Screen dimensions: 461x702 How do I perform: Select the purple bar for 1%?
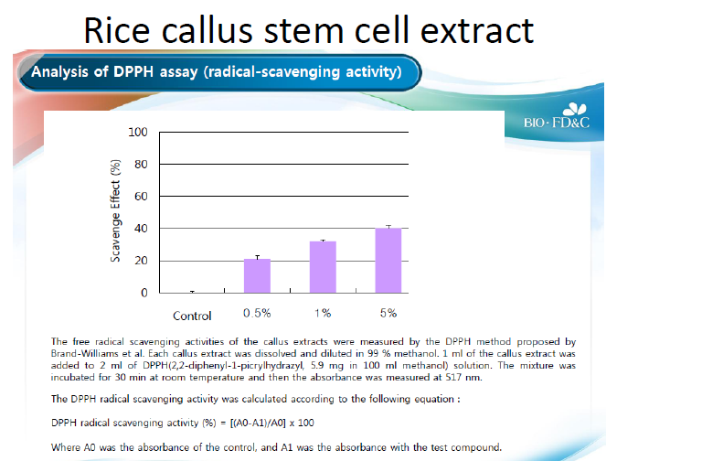(323, 267)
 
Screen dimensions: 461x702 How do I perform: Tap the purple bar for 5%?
(388, 261)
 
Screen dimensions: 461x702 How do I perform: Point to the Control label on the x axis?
(193, 316)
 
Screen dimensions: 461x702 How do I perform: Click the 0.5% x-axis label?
(257, 314)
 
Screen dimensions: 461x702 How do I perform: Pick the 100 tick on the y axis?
(137, 133)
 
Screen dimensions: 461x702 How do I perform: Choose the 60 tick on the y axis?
(140, 197)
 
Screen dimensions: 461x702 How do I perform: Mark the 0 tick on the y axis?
(144, 293)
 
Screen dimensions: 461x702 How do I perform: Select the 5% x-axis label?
(388, 314)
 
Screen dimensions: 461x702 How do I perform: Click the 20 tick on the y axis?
(140, 261)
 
